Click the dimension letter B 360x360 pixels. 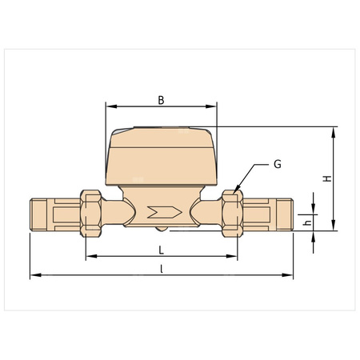[x=161, y=100]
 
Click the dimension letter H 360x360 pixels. [x=326, y=179]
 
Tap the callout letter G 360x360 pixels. [x=277, y=164]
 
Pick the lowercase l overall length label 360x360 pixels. [x=162, y=269]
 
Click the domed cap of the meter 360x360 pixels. [x=162, y=152]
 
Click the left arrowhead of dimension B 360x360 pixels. [x=110, y=106]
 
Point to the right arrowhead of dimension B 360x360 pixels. [x=214, y=106]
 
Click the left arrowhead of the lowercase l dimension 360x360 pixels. [x=33, y=276]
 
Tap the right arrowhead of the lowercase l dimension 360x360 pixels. [x=290, y=276]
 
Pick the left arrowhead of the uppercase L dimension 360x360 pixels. [x=89, y=256]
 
